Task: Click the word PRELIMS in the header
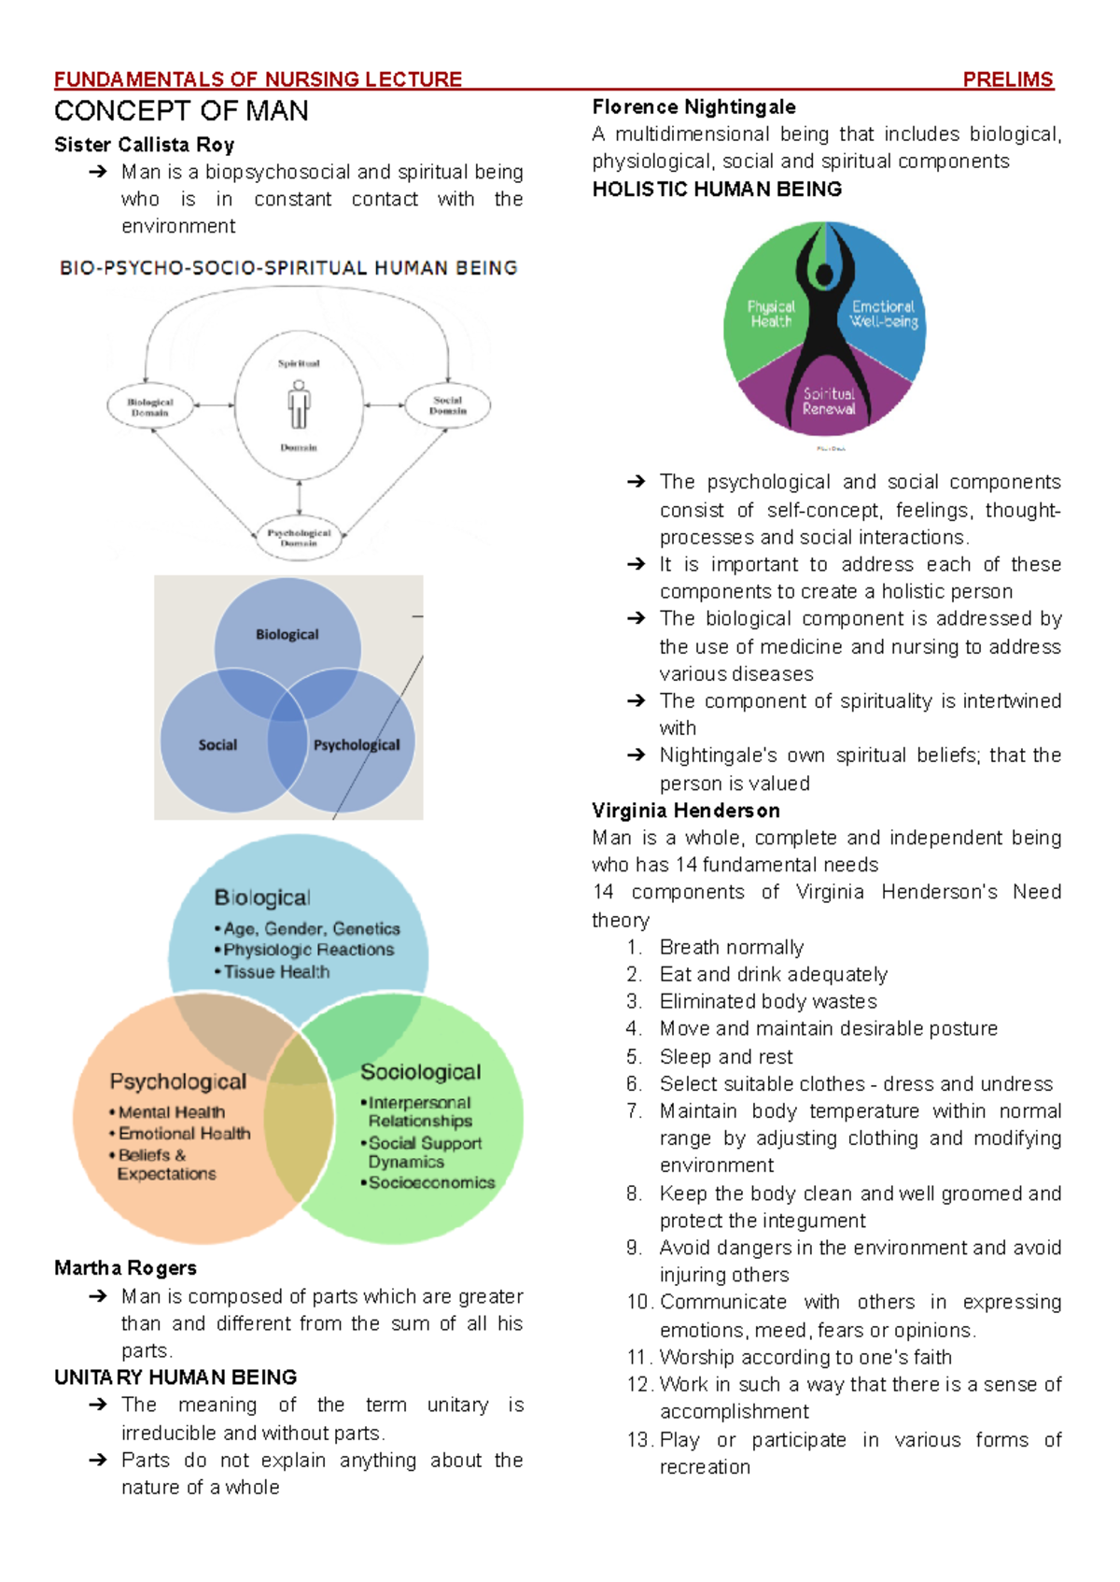pos(1007,80)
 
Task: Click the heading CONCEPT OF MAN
pos(181,111)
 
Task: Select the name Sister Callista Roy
pos(144,145)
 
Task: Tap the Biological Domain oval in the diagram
pos(150,407)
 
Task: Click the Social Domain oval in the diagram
pos(448,405)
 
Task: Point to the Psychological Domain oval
pos(299,537)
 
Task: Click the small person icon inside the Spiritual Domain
pos(299,403)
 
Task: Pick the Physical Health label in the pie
pos(771,314)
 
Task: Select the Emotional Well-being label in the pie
pos(883,314)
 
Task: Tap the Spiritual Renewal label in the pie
pos(829,401)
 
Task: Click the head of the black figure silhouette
pos(824,275)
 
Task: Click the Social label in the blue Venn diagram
pos(217,745)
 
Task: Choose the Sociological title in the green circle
pos(421,1072)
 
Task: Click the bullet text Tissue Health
pos(276,972)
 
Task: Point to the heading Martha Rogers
pos(125,1268)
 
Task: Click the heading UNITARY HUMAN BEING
pos(175,1377)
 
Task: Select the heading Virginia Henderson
pos(686,811)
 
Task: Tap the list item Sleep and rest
pos(726,1057)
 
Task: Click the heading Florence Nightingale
pos(693,107)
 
